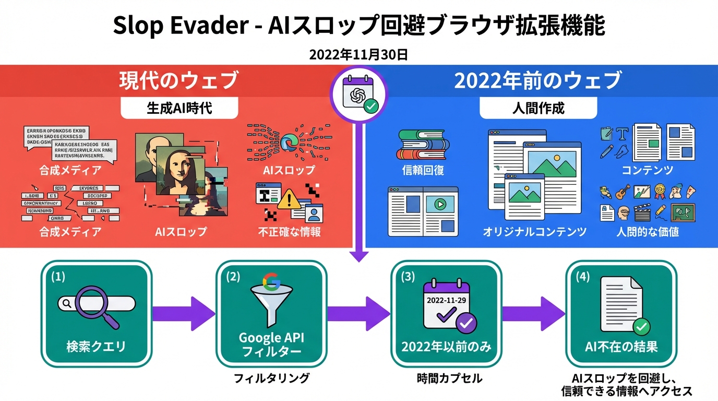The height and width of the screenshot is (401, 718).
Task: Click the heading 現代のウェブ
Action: click(x=179, y=81)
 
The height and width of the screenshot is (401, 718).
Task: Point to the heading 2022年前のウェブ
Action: click(x=538, y=81)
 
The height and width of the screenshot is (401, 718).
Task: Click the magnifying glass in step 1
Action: click(x=93, y=305)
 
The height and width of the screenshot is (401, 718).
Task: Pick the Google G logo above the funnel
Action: click(x=271, y=282)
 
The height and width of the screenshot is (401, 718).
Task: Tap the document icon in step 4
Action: click(x=621, y=303)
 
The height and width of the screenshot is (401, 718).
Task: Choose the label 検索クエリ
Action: click(x=96, y=346)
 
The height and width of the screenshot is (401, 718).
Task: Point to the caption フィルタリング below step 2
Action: click(x=271, y=378)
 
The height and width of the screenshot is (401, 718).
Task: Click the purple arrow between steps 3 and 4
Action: click(x=534, y=314)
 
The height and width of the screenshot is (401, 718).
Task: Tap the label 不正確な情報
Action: click(x=289, y=231)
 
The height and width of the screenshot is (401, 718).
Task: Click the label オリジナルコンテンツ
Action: click(x=534, y=231)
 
